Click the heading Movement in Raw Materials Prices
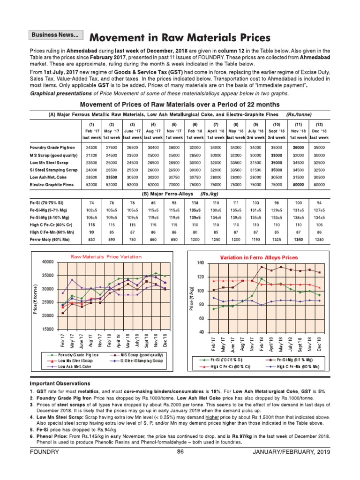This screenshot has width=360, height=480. (180, 37)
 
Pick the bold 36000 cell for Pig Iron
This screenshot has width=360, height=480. (299, 147)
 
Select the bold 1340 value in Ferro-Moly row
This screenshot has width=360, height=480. (299, 240)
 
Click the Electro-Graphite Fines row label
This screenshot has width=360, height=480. (51, 185)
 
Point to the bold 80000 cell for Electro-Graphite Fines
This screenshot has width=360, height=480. (299, 185)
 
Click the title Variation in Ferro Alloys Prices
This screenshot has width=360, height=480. (259, 257)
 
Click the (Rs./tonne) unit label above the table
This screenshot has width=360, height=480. (301, 114)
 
